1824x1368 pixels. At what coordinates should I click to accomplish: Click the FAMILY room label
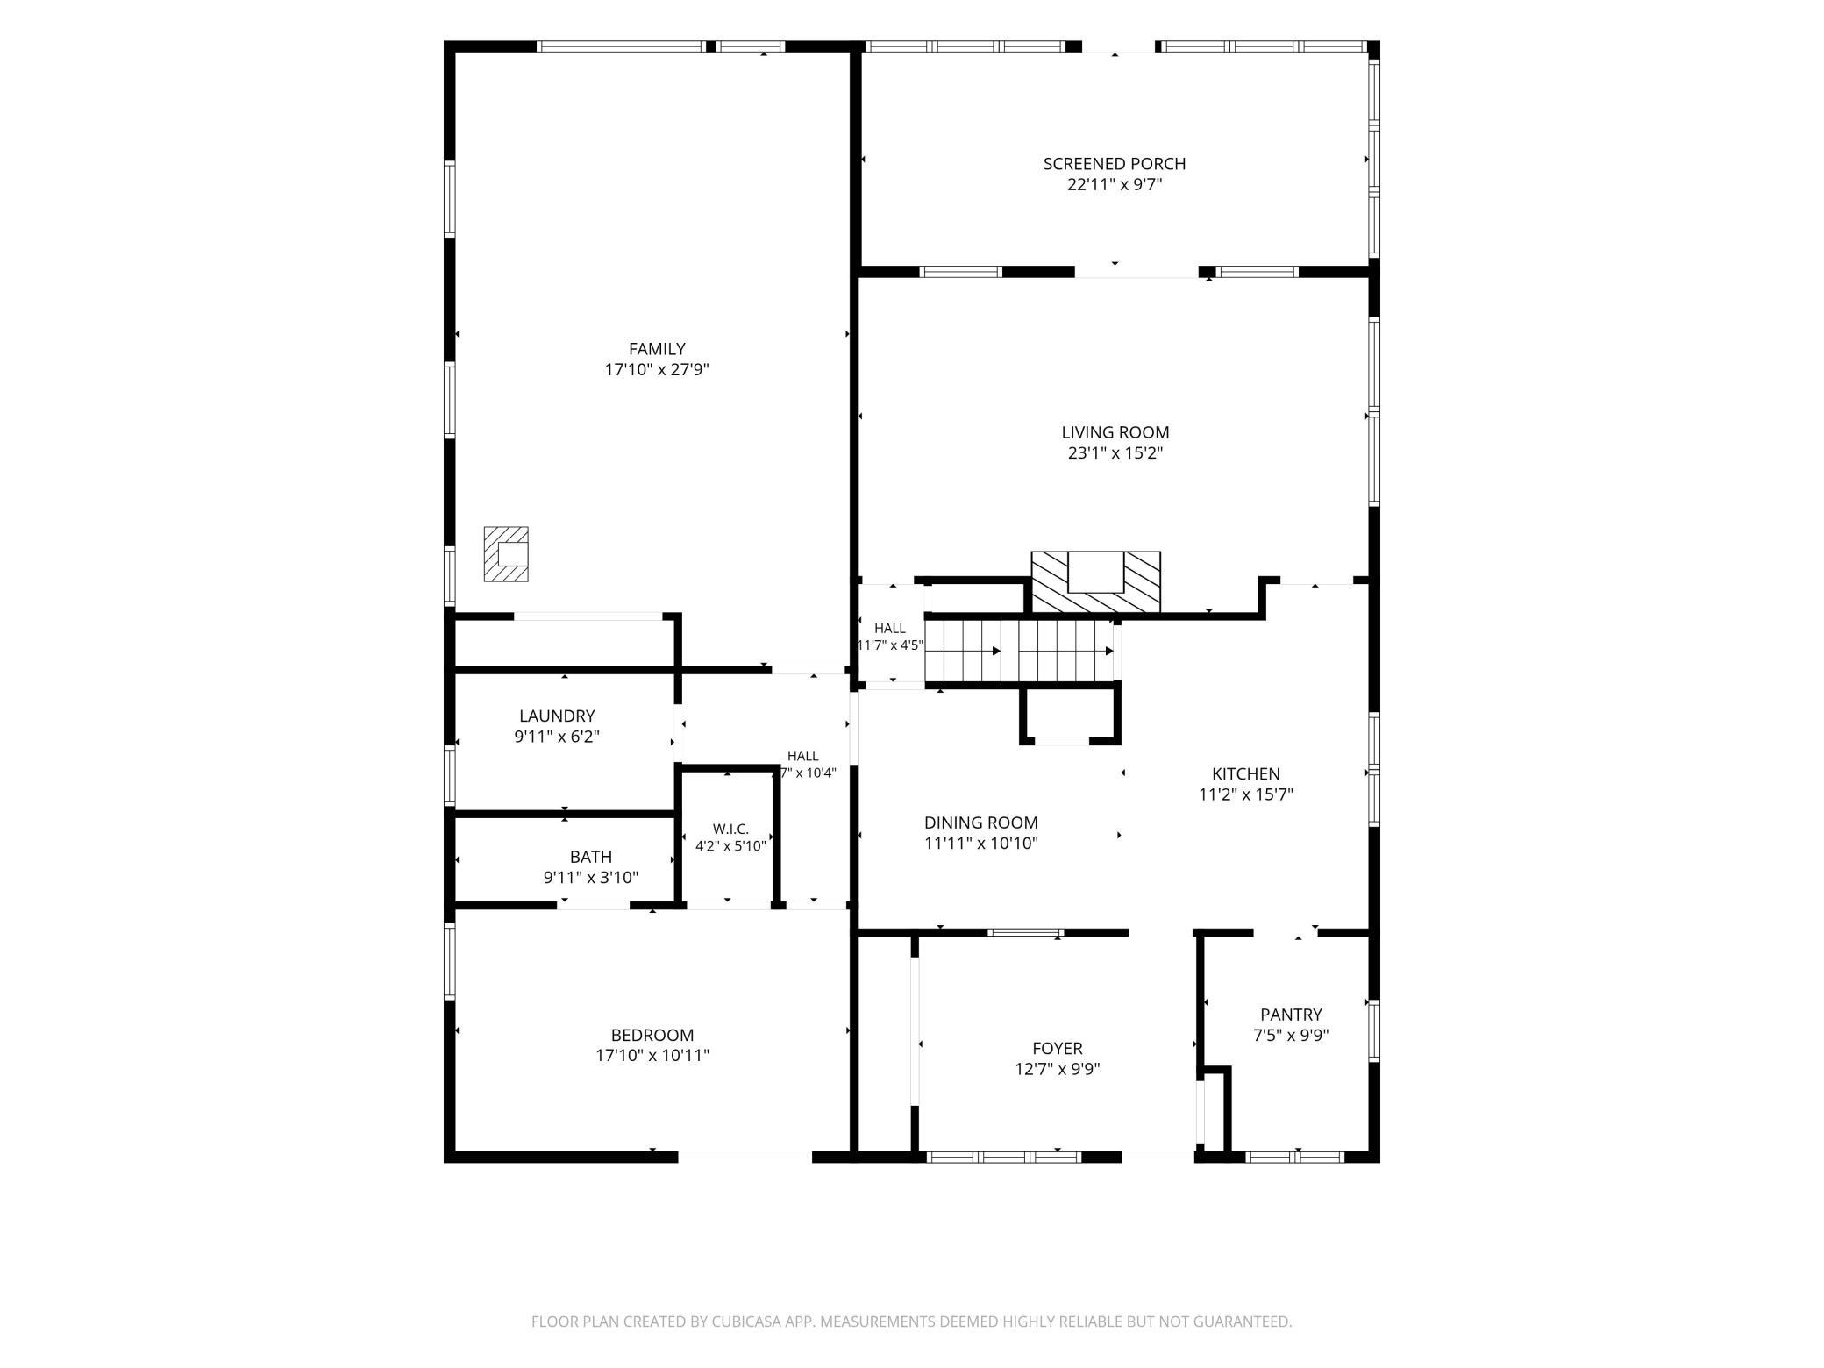coord(657,349)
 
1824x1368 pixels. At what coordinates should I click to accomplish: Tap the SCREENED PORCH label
coord(1115,164)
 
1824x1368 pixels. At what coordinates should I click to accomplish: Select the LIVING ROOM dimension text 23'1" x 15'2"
coord(1115,453)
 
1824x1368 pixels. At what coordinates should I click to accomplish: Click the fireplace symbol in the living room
coord(1095,581)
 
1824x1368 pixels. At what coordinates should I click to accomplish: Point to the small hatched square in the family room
coord(506,553)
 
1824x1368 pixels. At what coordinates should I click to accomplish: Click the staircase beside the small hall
coord(1019,650)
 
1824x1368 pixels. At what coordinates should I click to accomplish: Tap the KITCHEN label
coord(1246,774)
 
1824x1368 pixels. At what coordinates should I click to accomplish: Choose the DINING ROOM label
coord(981,823)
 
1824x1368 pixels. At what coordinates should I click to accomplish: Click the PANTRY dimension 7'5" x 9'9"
coord(1291,1035)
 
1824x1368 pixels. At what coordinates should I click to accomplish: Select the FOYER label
coord(1058,1048)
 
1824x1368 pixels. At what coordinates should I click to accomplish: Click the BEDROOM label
coord(652,1035)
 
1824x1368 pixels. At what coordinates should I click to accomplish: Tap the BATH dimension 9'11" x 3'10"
coord(591,878)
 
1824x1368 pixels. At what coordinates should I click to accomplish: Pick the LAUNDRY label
coord(557,716)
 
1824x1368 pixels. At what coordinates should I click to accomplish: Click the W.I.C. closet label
coord(730,829)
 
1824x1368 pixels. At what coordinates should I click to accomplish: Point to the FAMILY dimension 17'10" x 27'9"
coord(657,370)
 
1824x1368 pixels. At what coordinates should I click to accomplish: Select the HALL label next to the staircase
coord(890,628)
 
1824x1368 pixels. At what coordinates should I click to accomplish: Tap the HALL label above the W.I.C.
coord(803,756)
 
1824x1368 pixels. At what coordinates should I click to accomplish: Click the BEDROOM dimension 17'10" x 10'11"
coord(652,1056)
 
